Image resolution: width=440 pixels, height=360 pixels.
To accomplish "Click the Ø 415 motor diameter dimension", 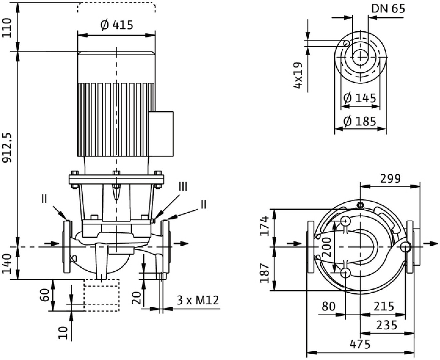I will click(117, 25).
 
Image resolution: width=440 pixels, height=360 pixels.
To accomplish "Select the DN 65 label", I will click(388, 9).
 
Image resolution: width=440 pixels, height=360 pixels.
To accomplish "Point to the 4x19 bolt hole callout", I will click(298, 75).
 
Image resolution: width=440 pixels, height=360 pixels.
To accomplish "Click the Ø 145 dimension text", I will click(360, 98).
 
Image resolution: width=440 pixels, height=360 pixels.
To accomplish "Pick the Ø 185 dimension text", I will click(360, 121).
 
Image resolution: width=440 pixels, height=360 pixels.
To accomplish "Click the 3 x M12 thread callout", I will click(198, 300).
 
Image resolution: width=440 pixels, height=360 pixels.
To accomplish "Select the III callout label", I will click(183, 187).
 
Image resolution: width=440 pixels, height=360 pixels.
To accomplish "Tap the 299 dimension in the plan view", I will click(390, 179).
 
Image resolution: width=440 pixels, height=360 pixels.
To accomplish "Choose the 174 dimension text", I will click(265, 226).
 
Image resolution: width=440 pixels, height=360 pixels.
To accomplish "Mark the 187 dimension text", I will click(265, 273).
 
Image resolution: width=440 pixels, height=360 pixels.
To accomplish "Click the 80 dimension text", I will click(329, 306).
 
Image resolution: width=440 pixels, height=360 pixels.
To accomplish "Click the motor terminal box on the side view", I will click(161, 134).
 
